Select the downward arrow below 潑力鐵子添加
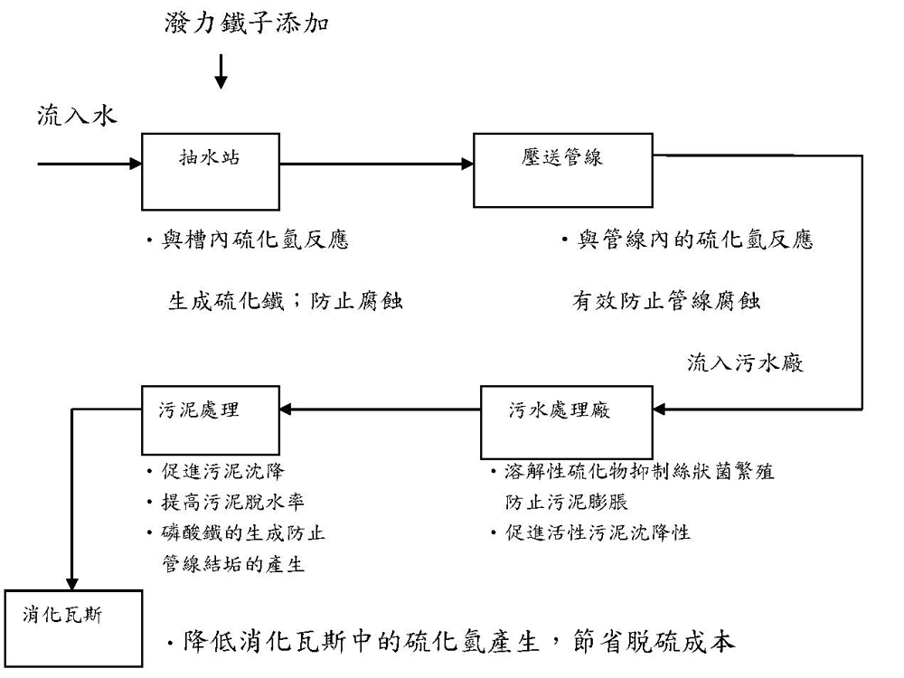[x=221, y=72]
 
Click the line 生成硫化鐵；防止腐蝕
[x=285, y=301]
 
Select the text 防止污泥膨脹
[x=567, y=503]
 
